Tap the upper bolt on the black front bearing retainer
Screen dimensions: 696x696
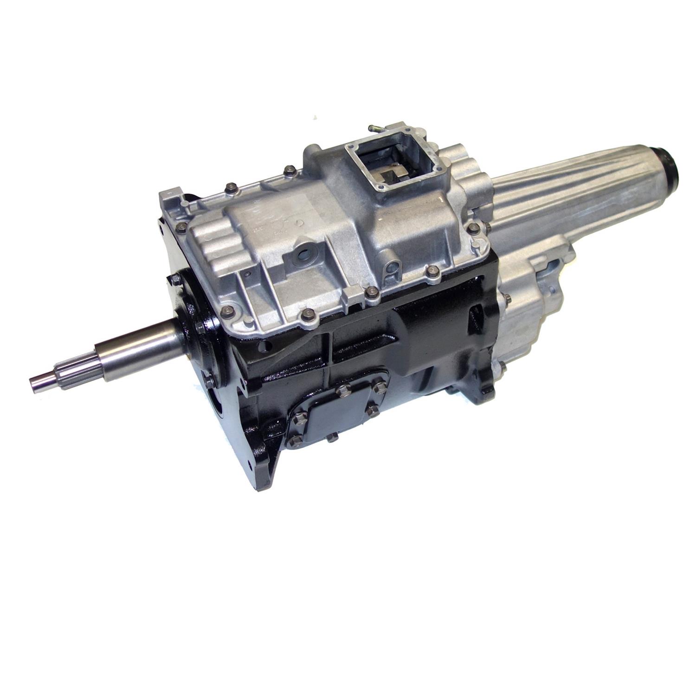click(x=176, y=279)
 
